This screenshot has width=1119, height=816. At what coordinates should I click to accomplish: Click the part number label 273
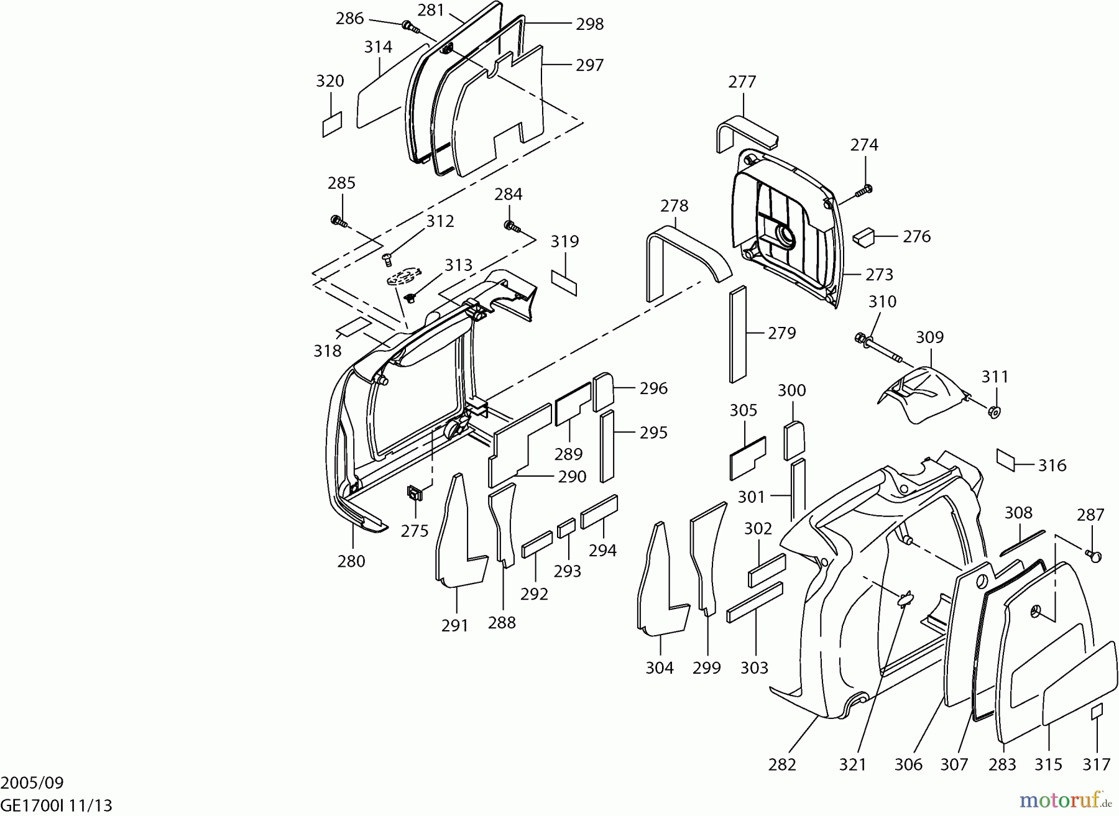click(x=879, y=274)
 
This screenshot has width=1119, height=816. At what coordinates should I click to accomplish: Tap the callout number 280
click(x=351, y=561)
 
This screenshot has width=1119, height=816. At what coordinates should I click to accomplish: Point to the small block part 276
click(x=863, y=237)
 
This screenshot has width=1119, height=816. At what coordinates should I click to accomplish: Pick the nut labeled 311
click(x=993, y=411)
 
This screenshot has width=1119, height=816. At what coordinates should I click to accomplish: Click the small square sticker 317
click(x=1097, y=712)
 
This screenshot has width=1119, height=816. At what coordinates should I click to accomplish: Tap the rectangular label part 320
click(x=332, y=124)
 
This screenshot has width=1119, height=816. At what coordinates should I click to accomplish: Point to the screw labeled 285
click(x=338, y=221)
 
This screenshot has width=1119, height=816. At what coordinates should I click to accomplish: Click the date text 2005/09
click(x=32, y=782)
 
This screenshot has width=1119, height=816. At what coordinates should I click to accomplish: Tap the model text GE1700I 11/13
click(x=57, y=806)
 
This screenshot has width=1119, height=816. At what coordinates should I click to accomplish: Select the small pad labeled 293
click(x=566, y=529)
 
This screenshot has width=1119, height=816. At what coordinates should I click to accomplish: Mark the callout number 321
click(x=852, y=764)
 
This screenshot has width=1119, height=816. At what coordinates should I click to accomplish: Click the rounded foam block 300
click(x=794, y=439)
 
